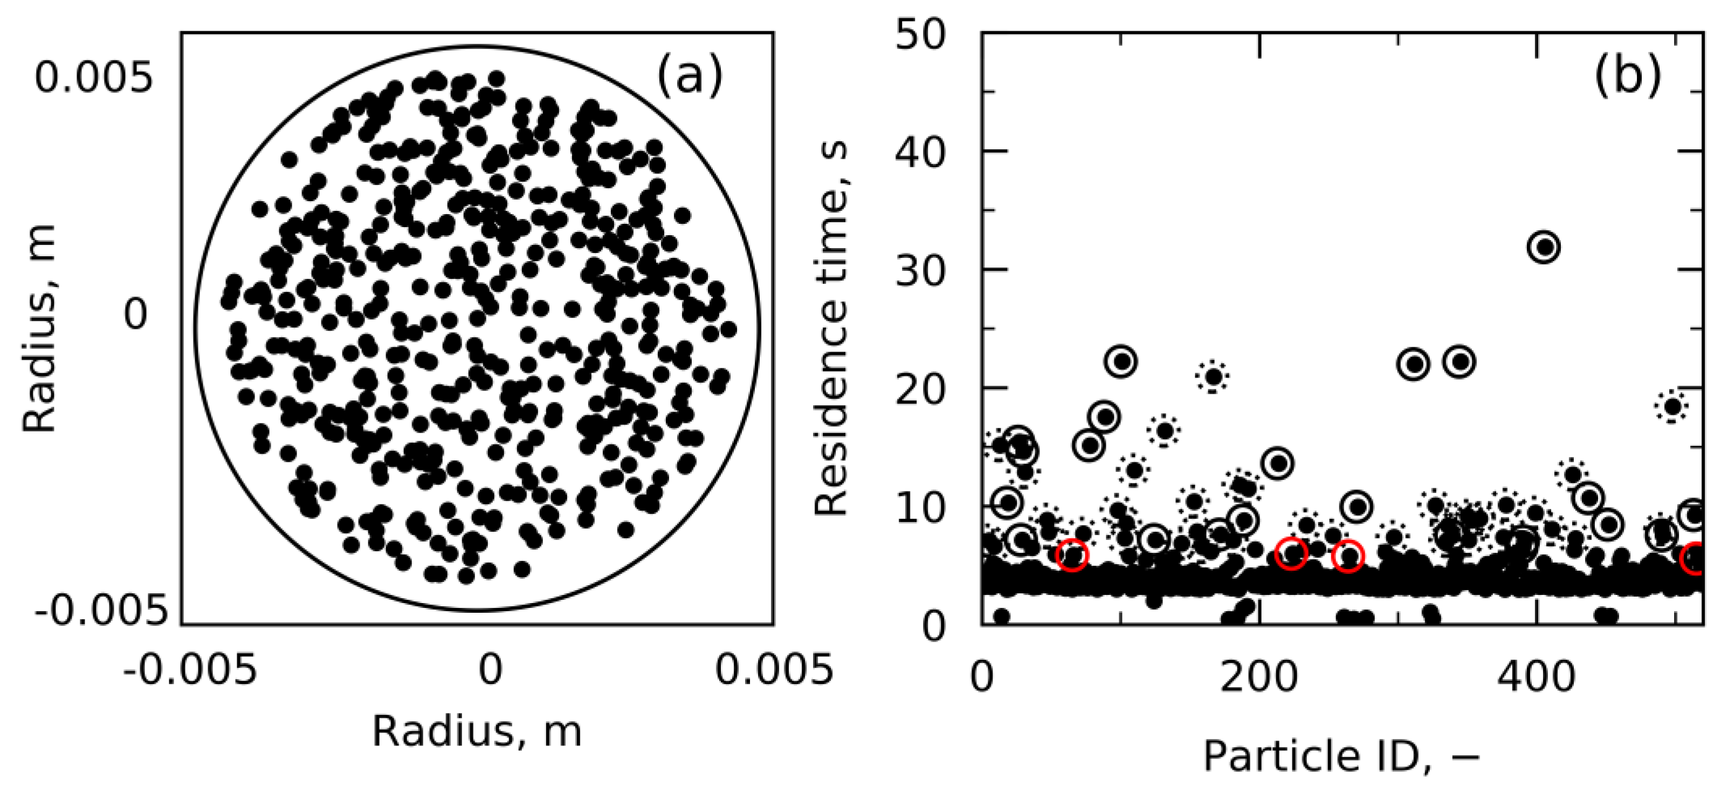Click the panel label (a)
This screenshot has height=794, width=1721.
689,76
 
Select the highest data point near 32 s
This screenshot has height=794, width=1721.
1544,247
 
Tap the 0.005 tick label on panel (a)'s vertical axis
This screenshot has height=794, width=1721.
93,79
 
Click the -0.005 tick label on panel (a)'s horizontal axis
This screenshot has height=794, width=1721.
190,668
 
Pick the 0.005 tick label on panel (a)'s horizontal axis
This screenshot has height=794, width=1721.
774,668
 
